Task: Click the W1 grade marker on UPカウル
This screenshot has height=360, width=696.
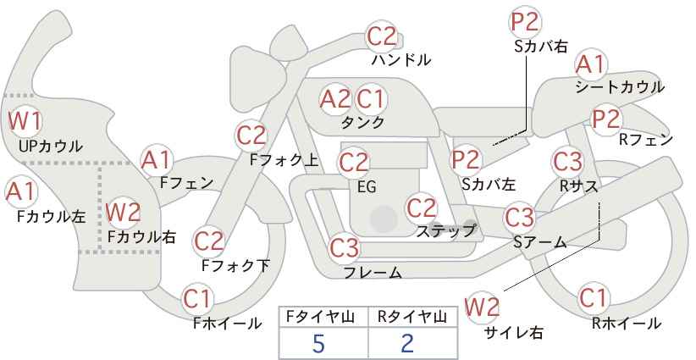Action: click(x=25, y=121)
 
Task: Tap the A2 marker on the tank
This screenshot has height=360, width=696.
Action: click(x=335, y=98)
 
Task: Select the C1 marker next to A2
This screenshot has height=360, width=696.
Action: click(x=371, y=98)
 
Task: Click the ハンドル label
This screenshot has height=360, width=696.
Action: click(x=400, y=59)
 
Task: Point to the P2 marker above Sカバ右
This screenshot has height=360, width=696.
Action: click(x=525, y=21)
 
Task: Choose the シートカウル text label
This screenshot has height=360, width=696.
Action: click(x=620, y=87)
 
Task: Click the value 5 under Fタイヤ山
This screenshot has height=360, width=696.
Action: click(x=318, y=343)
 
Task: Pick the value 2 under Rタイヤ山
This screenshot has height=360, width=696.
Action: click(x=406, y=343)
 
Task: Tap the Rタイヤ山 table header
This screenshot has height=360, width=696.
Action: click(x=412, y=317)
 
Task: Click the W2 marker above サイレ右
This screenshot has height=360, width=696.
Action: click(x=482, y=307)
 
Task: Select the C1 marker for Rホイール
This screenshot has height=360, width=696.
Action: click(x=593, y=298)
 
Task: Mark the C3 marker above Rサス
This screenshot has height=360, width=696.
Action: click(x=567, y=162)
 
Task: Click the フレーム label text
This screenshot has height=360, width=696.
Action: click(x=373, y=273)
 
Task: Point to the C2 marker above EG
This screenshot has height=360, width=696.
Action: click(x=353, y=163)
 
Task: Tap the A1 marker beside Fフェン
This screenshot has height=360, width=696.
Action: click(x=156, y=161)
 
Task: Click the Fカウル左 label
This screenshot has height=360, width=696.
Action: click(x=52, y=217)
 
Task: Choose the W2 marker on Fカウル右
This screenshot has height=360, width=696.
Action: click(x=124, y=213)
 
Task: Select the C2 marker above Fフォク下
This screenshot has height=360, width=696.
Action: click(x=208, y=241)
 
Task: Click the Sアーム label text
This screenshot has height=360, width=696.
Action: click(x=540, y=242)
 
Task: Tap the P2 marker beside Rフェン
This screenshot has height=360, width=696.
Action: click(x=606, y=119)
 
